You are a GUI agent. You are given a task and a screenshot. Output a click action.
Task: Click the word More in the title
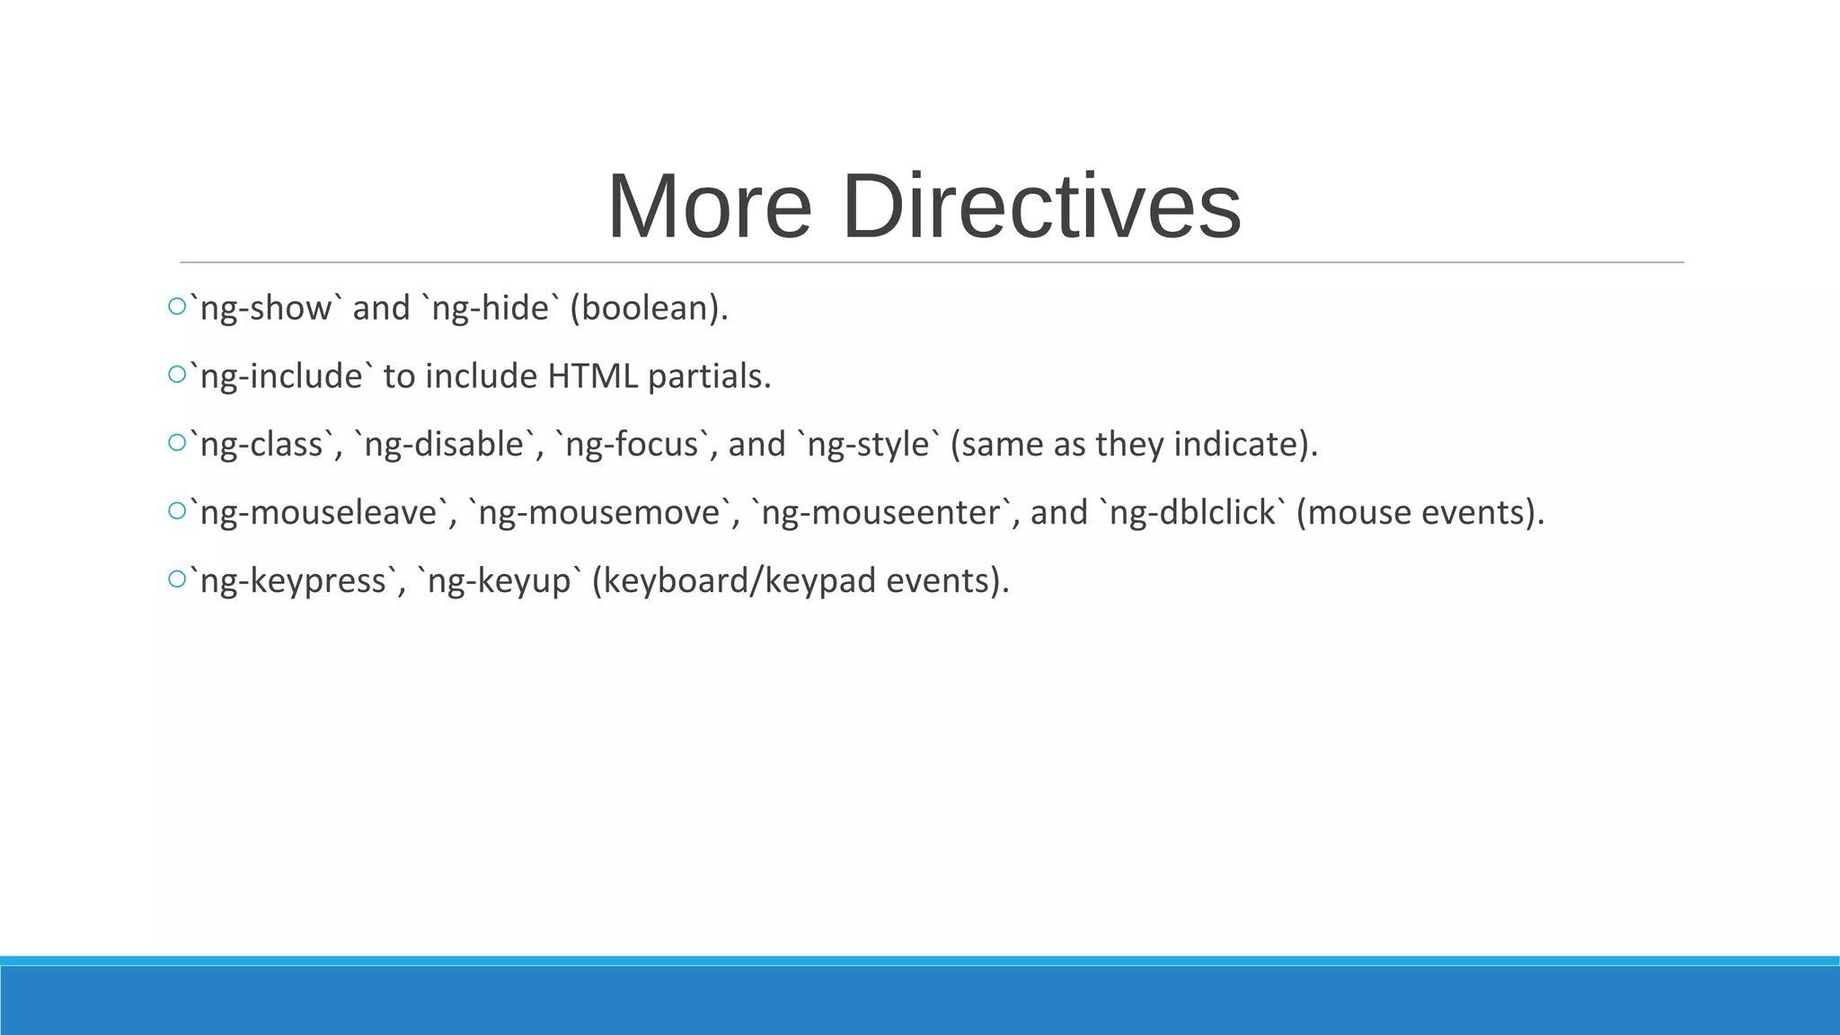coord(710,208)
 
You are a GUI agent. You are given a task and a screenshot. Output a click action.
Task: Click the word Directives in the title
coord(1042,208)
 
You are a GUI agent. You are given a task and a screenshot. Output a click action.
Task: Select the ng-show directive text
coord(266,308)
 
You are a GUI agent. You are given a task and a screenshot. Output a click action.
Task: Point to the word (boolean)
coord(649,308)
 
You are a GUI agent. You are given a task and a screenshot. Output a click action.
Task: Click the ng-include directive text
coord(281,376)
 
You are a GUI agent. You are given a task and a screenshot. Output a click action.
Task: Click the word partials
coord(709,376)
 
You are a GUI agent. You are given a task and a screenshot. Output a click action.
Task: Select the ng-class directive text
coord(261,445)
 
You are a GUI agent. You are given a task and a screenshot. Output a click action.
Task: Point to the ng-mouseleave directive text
coord(318,513)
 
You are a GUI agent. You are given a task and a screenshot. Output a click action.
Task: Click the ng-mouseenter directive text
coord(880,513)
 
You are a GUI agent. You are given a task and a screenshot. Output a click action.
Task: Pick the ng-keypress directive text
coord(293,581)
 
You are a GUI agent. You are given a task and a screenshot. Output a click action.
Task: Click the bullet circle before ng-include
coord(176,375)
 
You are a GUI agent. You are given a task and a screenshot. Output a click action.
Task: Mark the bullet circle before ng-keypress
coord(176,579)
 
